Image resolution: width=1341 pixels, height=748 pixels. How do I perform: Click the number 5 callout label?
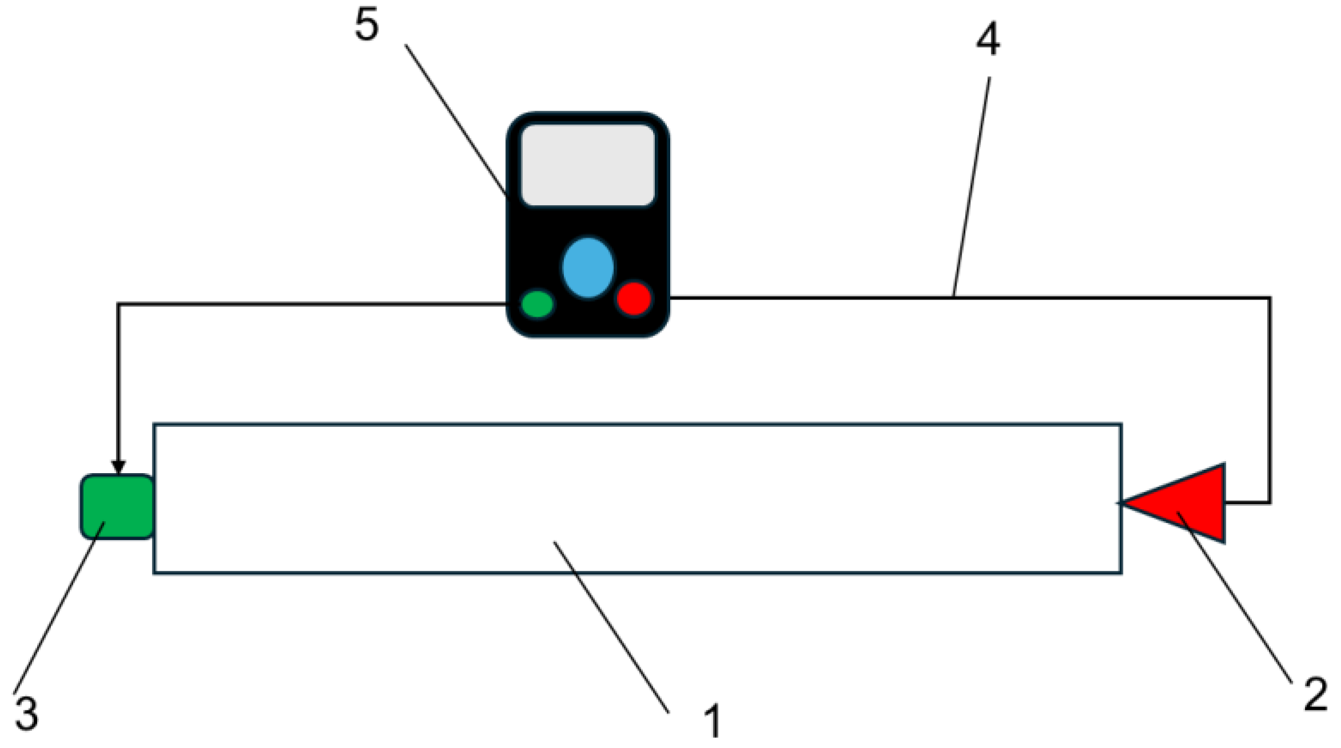click(x=366, y=26)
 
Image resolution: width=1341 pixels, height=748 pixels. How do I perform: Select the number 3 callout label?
click(x=26, y=713)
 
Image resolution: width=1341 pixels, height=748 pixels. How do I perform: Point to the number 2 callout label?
click(x=1315, y=694)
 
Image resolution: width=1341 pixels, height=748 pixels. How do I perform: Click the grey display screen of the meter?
click(x=588, y=165)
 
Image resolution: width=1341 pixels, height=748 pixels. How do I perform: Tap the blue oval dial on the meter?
click(x=588, y=267)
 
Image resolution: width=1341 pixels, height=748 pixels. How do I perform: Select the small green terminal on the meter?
click(x=537, y=303)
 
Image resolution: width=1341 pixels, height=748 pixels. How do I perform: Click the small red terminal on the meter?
click(x=634, y=298)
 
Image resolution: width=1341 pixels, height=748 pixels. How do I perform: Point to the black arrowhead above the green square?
click(x=118, y=467)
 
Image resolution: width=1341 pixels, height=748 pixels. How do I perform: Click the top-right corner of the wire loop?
click(x=1270, y=298)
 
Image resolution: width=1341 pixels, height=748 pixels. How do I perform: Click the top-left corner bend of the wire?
click(x=118, y=304)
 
